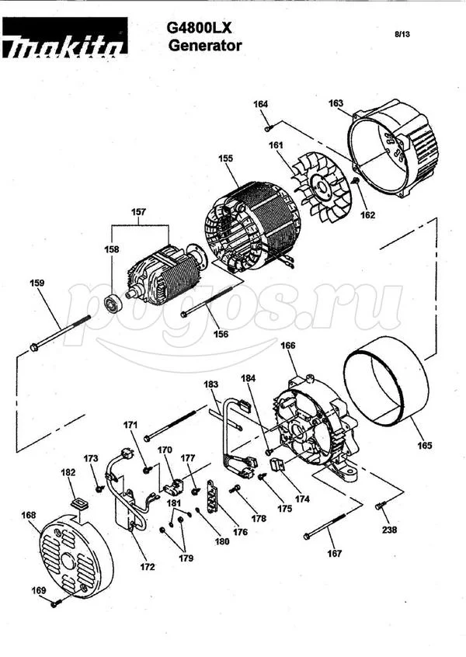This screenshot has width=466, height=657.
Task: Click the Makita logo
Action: tap(65, 38)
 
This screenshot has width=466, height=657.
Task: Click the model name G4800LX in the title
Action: tap(199, 28)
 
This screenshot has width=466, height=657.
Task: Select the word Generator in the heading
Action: tap(205, 45)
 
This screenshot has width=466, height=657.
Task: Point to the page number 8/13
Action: tap(402, 34)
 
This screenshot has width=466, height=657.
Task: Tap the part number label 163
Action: tap(336, 103)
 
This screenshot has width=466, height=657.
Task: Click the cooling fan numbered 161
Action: tap(322, 186)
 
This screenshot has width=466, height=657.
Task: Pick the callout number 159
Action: tap(37, 283)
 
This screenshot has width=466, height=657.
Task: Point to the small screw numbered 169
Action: tap(55, 603)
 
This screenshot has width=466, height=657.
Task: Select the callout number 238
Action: tap(389, 530)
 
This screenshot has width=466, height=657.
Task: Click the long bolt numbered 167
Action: tap(325, 526)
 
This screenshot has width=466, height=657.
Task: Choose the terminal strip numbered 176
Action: tap(214, 497)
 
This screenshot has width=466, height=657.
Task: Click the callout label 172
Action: tap(147, 567)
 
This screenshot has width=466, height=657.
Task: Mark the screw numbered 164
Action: tap(269, 128)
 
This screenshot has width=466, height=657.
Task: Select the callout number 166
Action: tap(287, 346)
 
